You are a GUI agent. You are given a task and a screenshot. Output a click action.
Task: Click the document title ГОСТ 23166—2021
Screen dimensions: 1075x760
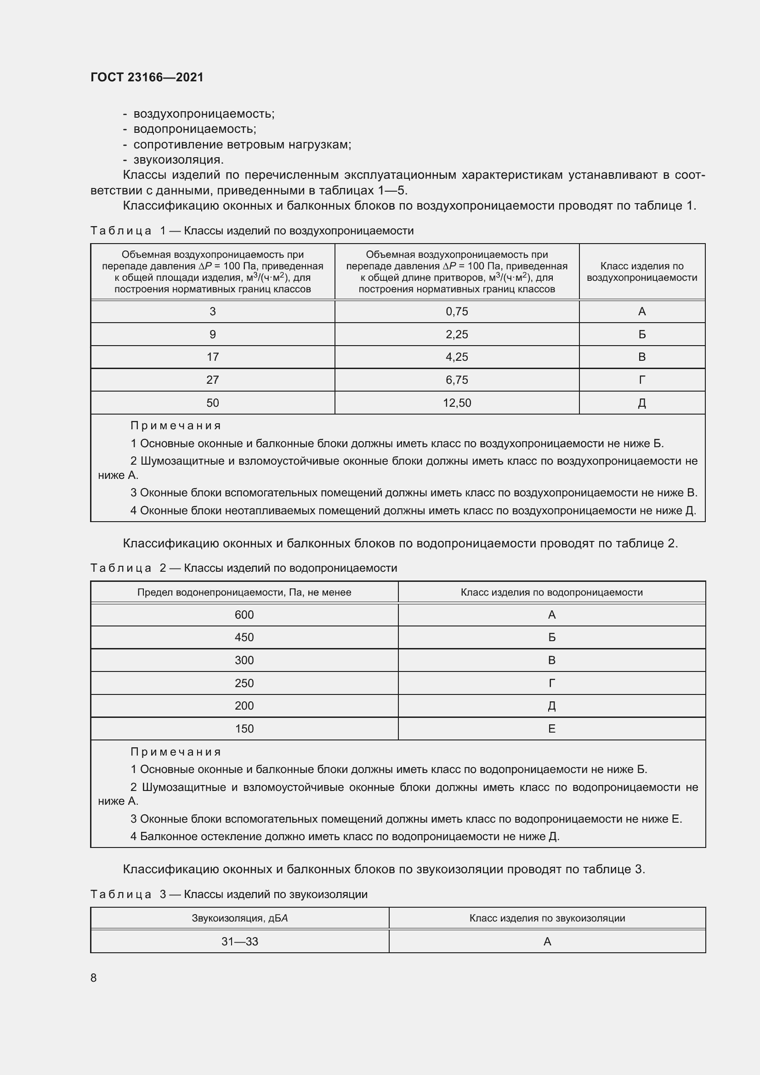coord(147,77)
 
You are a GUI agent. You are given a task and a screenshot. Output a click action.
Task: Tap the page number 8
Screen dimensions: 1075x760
coord(94,977)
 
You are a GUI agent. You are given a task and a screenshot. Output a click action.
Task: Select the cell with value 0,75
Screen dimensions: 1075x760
coord(457,311)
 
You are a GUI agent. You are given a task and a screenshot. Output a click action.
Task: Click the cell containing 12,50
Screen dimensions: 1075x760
coord(457,403)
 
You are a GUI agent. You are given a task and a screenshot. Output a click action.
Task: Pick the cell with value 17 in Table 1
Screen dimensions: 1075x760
coord(212,357)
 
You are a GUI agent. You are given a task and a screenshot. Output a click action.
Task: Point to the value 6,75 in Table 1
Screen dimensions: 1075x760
coord(457,380)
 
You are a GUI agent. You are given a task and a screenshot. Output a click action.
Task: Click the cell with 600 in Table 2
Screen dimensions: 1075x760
coord(244,615)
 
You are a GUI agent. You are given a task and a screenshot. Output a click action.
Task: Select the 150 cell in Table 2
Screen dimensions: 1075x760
coord(244,728)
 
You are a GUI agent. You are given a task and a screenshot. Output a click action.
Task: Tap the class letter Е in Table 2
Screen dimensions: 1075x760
coord(551,728)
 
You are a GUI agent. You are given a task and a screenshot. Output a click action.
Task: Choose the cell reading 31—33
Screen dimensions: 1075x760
coord(239,941)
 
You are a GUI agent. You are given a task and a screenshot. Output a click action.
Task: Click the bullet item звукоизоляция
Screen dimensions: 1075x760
coord(178,159)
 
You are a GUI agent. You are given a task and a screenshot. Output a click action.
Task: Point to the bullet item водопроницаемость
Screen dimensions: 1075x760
coord(195,129)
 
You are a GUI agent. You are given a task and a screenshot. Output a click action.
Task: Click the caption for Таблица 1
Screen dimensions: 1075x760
coord(252,231)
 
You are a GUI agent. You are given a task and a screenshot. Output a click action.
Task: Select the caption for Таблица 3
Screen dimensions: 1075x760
coord(229,894)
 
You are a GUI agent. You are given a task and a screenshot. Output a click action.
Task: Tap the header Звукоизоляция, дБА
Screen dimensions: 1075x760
coord(239,918)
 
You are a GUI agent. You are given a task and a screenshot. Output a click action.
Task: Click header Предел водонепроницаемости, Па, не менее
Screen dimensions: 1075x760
coord(244,592)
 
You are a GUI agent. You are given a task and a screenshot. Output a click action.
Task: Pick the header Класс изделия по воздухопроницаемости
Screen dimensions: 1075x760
coord(641,272)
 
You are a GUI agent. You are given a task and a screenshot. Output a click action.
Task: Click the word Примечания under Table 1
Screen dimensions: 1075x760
coord(176,426)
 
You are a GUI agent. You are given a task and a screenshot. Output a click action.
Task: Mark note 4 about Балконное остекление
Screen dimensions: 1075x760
coord(345,836)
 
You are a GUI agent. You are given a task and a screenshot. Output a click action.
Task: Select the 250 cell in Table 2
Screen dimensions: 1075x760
coord(244,683)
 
